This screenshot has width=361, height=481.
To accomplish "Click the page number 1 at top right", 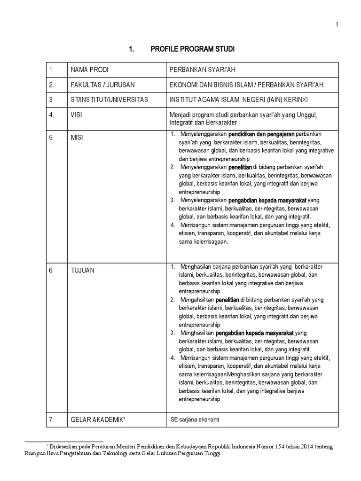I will [x=337, y=25].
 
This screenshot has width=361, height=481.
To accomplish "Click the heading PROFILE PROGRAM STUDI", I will [x=192, y=49].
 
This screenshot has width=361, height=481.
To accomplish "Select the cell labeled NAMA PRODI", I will [x=89, y=70].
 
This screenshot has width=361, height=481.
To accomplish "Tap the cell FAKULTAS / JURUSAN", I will [x=102, y=85].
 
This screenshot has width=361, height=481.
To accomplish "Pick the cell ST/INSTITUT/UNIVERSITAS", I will [x=109, y=100].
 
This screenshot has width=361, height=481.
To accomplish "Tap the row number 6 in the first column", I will [x=51, y=270].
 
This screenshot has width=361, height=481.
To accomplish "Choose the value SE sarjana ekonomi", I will [x=194, y=419].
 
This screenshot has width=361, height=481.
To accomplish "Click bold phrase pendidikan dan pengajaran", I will [x=265, y=135].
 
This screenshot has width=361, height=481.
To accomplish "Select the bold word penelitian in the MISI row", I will [x=240, y=167].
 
